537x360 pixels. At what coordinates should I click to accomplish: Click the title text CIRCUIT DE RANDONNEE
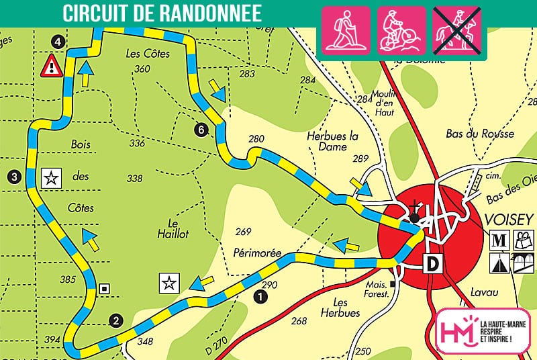click(162, 14)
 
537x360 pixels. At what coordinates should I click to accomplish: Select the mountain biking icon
click(401, 30)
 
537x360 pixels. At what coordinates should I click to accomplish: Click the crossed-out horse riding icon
click(456, 30)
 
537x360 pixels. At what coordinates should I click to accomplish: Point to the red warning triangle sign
click(51, 66)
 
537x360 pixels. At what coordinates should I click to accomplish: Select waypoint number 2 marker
click(116, 320)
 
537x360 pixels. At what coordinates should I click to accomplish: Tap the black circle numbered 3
click(14, 177)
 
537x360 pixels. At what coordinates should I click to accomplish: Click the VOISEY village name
click(508, 219)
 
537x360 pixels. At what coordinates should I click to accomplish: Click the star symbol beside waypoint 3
click(50, 178)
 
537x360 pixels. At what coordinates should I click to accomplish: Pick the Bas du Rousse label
click(480, 134)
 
